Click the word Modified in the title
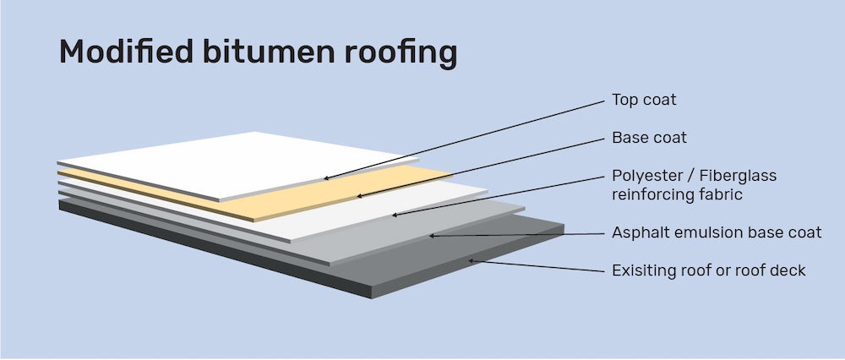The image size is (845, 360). (x=123, y=53)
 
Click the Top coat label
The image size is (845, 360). (x=644, y=101)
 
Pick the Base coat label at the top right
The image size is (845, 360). (x=647, y=138)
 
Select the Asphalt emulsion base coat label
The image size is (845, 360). (x=716, y=232)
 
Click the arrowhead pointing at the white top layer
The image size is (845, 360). (x=326, y=179)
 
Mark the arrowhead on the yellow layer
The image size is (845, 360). (x=358, y=197)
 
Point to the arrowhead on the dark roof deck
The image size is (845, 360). (x=472, y=260)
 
